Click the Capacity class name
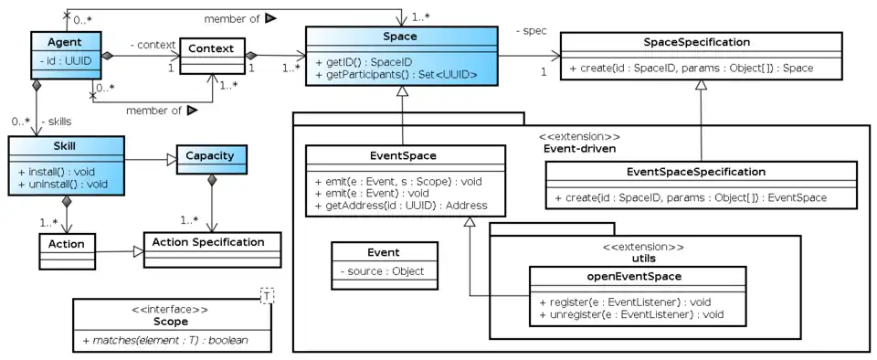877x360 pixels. pos(211,155)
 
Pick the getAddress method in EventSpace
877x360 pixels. pos(399,206)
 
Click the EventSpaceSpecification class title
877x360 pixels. pos(702,171)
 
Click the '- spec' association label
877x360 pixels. pos(532,31)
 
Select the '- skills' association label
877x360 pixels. pos(57,120)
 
